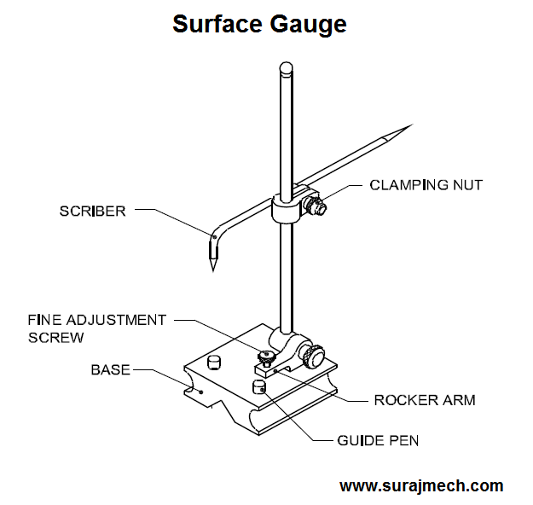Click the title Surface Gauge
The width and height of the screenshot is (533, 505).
click(x=259, y=23)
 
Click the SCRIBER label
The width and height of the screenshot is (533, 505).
click(x=92, y=211)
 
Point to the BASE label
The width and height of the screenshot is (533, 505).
click(x=111, y=369)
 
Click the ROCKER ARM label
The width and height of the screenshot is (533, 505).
click(x=424, y=399)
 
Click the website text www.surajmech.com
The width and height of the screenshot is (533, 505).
click(x=421, y=486)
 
